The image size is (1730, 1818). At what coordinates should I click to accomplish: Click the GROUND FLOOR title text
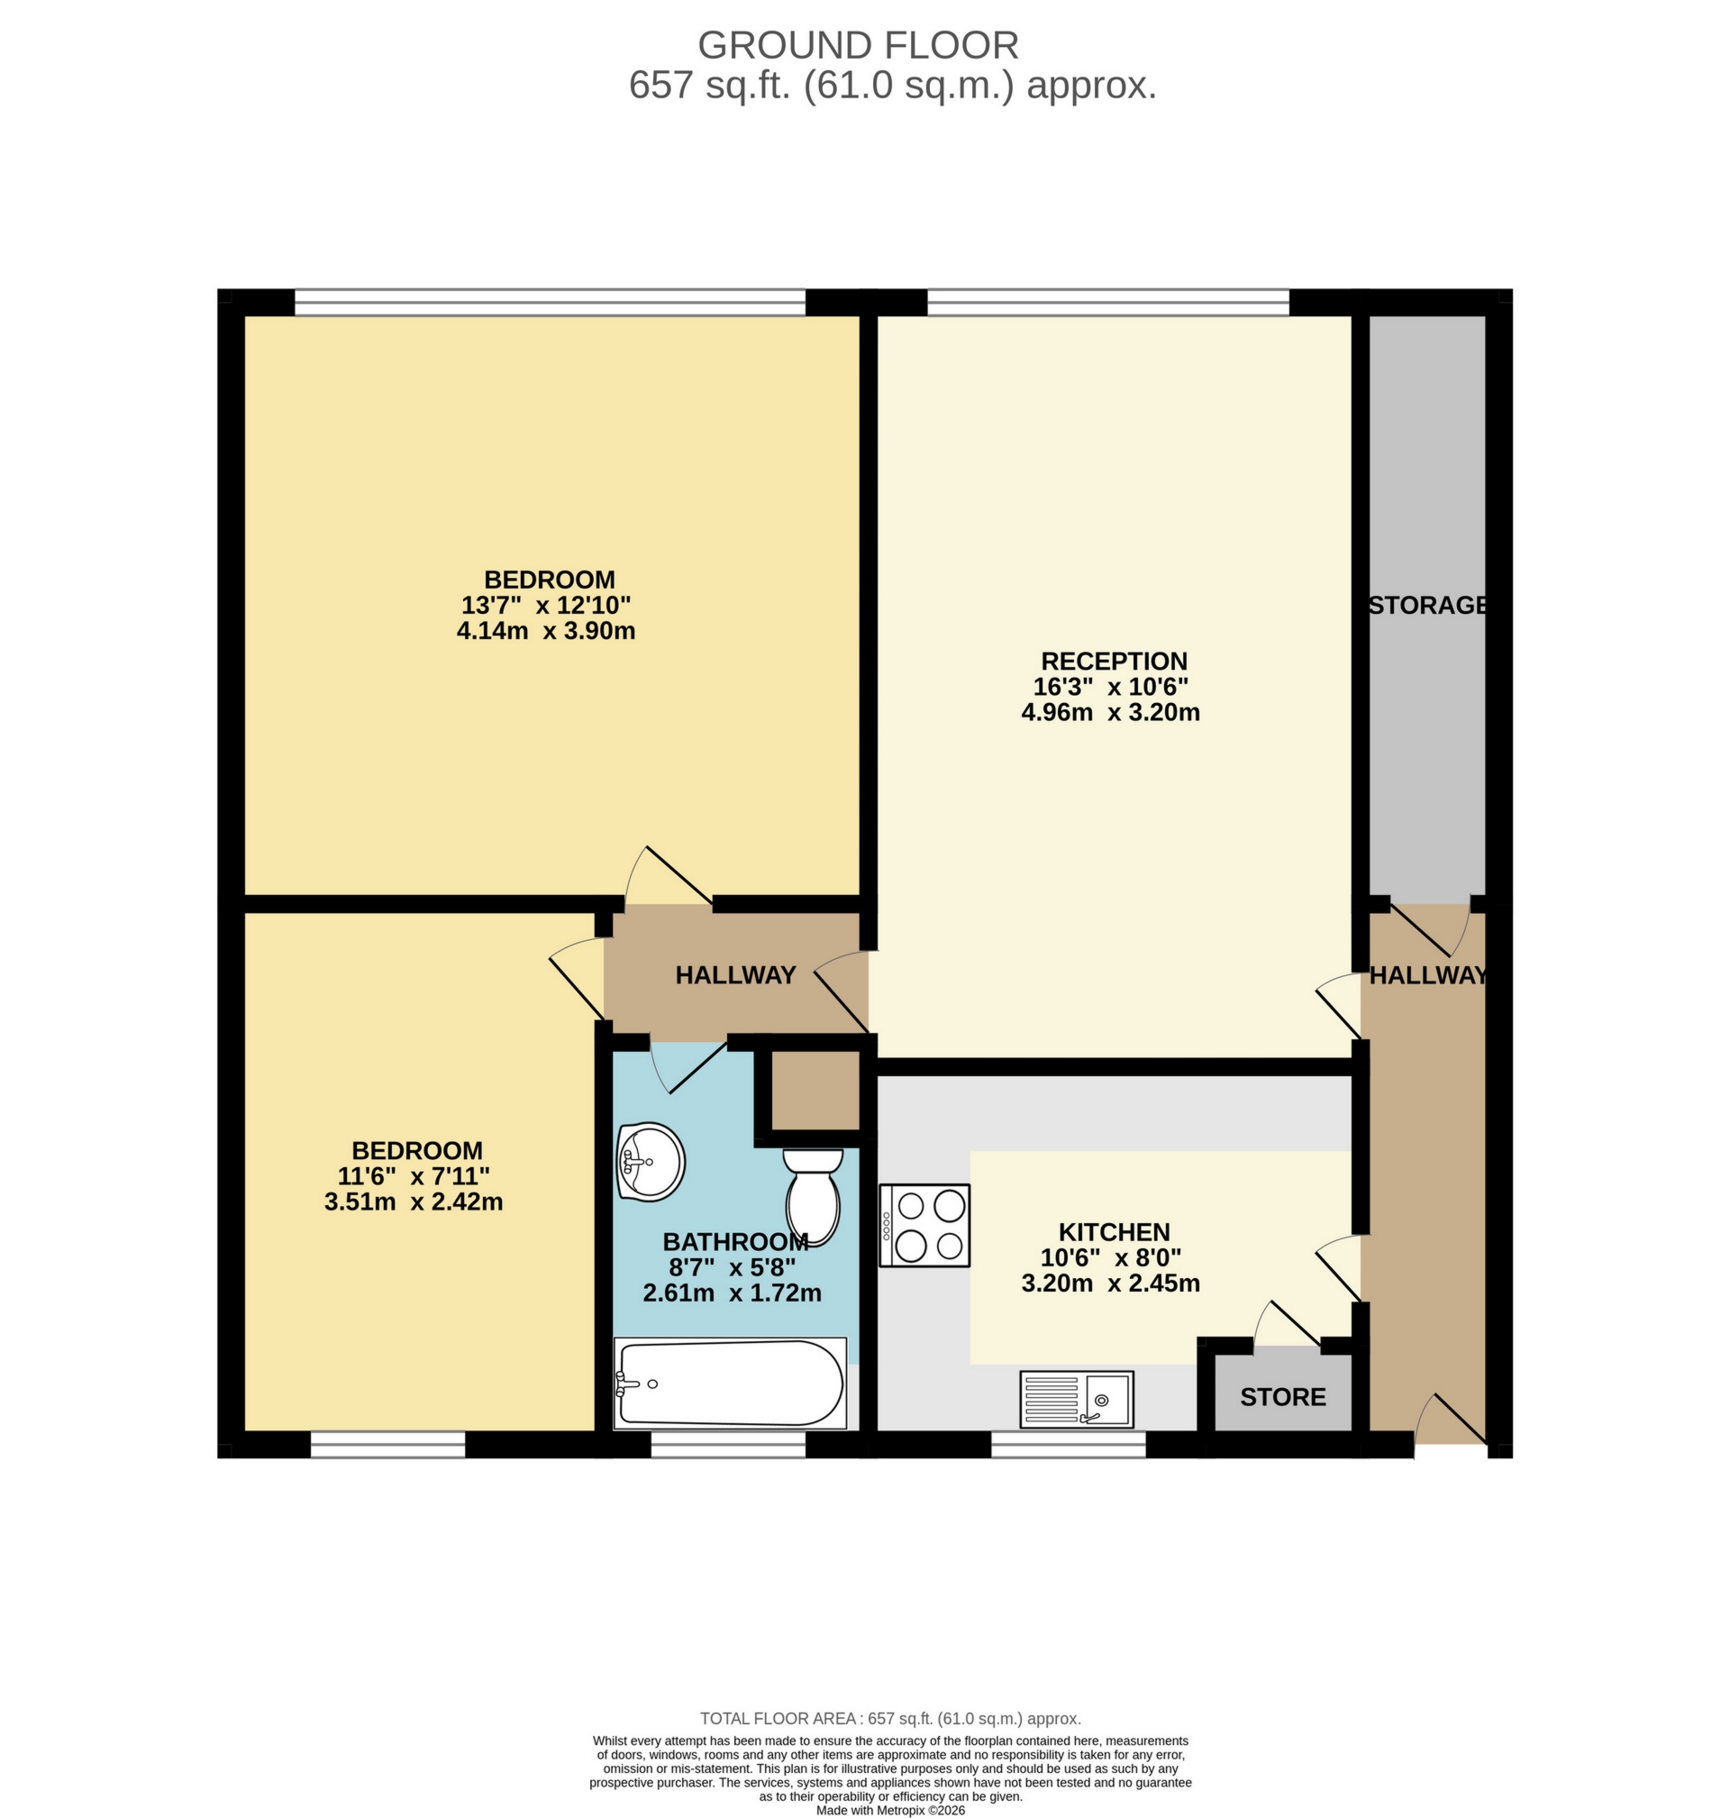(858, 45)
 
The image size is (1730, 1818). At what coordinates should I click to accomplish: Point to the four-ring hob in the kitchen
(924, 1225)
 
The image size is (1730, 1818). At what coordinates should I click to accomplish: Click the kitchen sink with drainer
(1076, 1399)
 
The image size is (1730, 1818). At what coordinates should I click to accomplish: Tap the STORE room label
(1283, 1397)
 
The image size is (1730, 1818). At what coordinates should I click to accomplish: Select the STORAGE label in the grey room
(1427, 605)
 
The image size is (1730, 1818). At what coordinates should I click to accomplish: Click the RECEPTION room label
(1114, 661)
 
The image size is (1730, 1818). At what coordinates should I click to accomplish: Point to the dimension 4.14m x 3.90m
(546, 632)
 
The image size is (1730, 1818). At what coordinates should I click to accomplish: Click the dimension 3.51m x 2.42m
(414, 1202)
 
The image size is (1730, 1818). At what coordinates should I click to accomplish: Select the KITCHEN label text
(1114, 1231)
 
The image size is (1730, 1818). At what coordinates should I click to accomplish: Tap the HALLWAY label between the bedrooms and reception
(735, 975)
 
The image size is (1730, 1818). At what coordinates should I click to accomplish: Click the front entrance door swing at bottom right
(1450, 1421)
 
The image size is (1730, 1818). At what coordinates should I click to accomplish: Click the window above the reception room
(1107, 302)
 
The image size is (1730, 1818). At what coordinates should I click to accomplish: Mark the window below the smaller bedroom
(387, 1445)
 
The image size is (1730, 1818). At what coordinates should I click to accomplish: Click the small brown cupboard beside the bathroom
(815, 1091)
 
